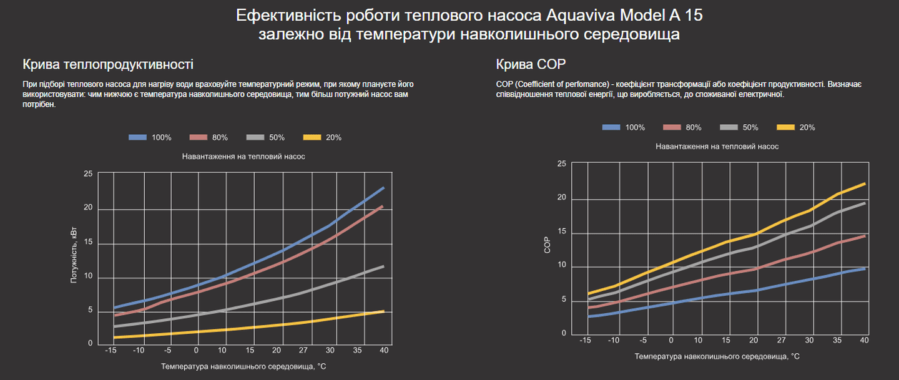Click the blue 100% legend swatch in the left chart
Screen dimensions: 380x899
137,137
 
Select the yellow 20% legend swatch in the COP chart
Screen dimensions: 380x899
785,127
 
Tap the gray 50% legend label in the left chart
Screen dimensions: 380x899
277,137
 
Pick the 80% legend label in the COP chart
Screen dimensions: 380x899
693,127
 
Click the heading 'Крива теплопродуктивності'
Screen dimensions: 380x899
108,64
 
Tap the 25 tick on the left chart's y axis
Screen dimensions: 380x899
88,173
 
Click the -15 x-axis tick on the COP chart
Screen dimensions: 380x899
585,341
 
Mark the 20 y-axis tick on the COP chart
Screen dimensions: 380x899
561,198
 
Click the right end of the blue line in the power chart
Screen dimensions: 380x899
384,187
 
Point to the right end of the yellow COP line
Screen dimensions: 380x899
865,183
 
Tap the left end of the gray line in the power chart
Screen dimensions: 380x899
114,326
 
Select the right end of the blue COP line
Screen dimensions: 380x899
865,268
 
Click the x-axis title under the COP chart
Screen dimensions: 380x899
717,356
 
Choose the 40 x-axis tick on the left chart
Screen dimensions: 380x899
384,351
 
